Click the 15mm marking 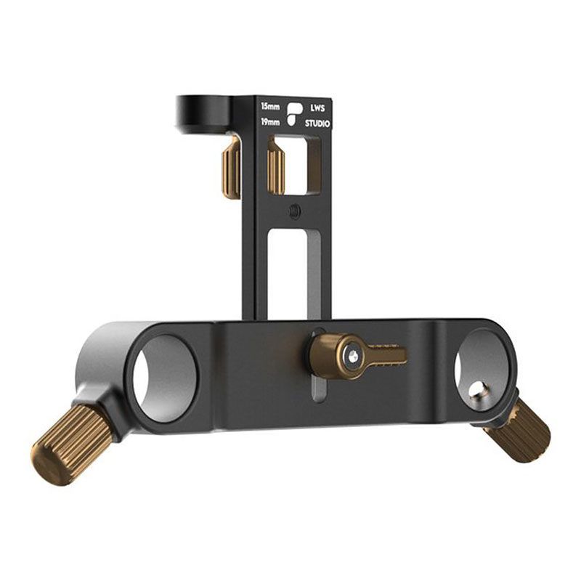(x=270, y=107)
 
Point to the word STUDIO (x=317, y=123)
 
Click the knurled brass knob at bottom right (x=521, y=430)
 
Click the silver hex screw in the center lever (x=352, y=355)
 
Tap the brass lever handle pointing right (x=385, y=355)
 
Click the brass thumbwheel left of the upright (x=231, y=168)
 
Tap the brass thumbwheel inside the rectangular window (x=277, y=166)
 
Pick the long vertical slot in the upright (x=295, y=273)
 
